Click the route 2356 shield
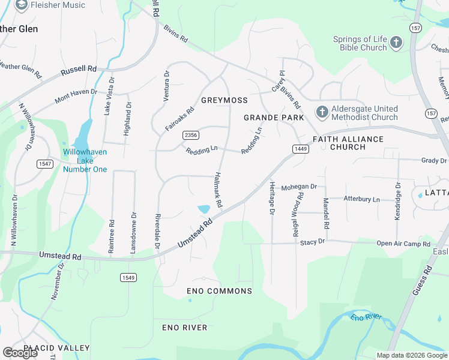click(191, 136)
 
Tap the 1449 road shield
click(301, 148)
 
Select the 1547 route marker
click(45, 164)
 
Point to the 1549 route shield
click(127, 277)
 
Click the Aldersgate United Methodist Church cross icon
click(322, 113)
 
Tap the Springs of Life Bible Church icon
click(396, 43)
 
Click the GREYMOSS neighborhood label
click(224, 100)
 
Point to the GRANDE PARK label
click(274, 118)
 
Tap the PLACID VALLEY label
click(56, 348)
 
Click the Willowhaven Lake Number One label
click(85, 161)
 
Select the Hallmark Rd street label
click(217, 191)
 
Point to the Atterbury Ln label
click(361, 199)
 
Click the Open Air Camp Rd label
click(403, 244)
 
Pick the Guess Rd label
click(427, 280)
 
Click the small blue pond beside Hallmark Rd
click(203, 209)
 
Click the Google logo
click(20, 353)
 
